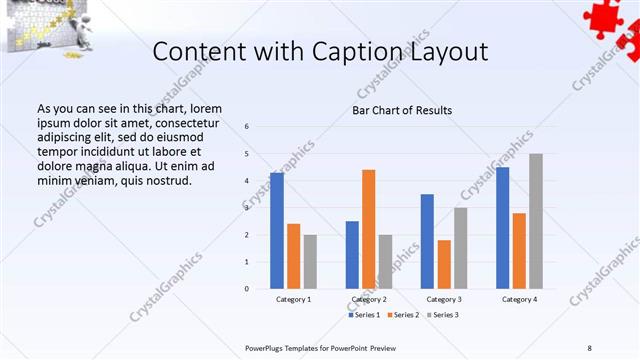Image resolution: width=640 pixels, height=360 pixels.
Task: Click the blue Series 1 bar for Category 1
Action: click(277, 231)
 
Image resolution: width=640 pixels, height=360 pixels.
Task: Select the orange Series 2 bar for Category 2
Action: click(368, 229)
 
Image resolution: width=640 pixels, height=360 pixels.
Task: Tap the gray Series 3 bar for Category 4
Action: click(536, 221)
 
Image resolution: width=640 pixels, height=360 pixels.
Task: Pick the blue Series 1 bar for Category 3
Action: click(427, 241)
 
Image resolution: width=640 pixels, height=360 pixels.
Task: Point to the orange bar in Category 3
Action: click(444, 264)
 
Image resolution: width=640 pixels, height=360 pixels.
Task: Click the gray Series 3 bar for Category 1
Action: click(310, 262)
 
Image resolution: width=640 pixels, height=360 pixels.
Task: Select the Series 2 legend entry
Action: click(404, 315)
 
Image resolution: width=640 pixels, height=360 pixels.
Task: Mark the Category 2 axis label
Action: click(368, 299)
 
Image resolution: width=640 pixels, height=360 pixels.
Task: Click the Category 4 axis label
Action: click(519, 299)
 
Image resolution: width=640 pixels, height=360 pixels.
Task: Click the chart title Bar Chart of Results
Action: click(402, 110)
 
